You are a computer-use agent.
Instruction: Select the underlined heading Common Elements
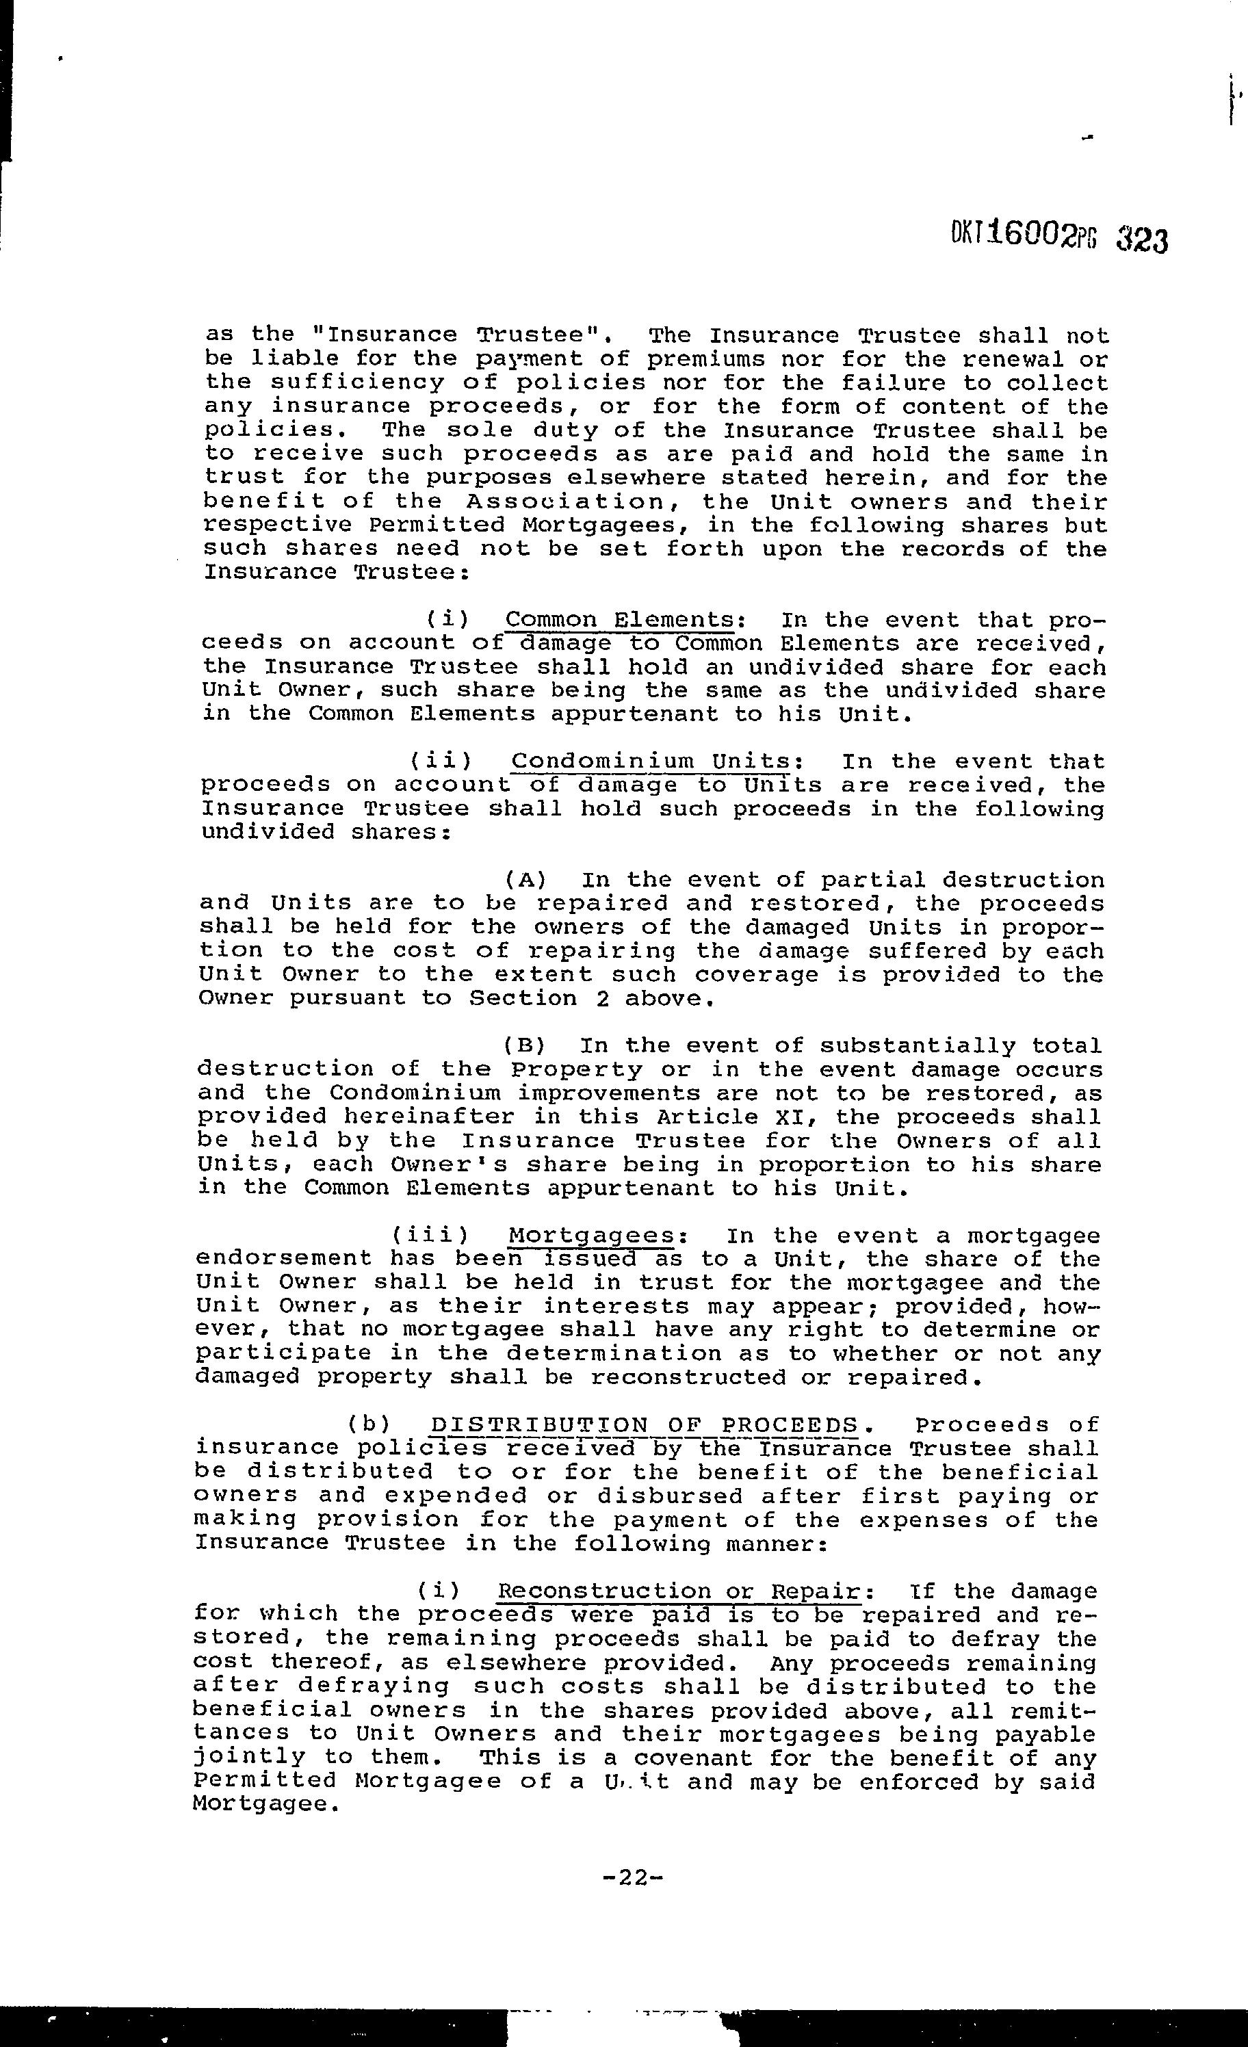click(619, 621)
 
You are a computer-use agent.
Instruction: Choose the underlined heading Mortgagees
click(590, 1236)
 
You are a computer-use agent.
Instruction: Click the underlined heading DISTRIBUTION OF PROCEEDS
click(645, 1426)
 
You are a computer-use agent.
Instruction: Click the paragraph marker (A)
click(525, 881)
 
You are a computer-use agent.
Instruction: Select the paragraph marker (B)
click(524, 1046)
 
